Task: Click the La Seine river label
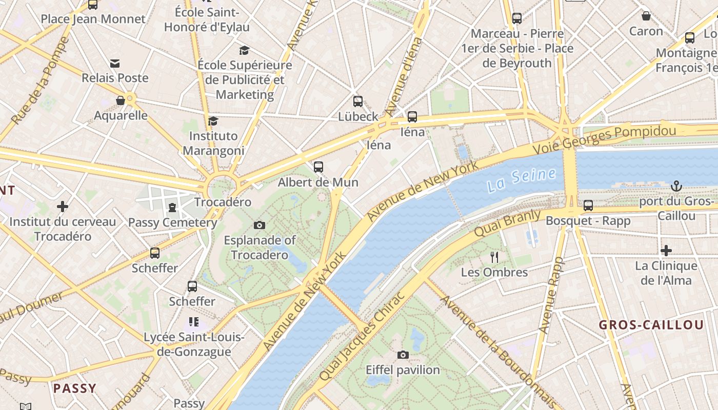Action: pos(522,180)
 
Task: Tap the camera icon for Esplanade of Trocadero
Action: pos(260,225)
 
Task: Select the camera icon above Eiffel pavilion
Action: pos(403,355)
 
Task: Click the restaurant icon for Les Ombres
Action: pos(494,257)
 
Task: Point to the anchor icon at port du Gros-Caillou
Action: pos(676,186)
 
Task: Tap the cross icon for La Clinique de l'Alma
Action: pos(666,251)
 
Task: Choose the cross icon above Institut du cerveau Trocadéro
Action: pos(63,207)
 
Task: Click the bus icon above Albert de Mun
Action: pos(318,167)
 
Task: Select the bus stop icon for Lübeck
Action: pos(358,101)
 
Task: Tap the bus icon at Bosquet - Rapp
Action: pos(588,206)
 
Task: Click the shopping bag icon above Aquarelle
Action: pos(121,100)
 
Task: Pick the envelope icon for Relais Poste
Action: pos(115,63)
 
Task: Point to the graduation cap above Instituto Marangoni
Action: pos(213,121)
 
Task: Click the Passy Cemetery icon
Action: pos(172,208)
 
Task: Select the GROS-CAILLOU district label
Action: pos(651,325)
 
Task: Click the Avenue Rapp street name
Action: pos(551,295)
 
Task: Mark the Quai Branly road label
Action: pos(507,223)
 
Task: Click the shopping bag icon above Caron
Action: pos(646,16)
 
